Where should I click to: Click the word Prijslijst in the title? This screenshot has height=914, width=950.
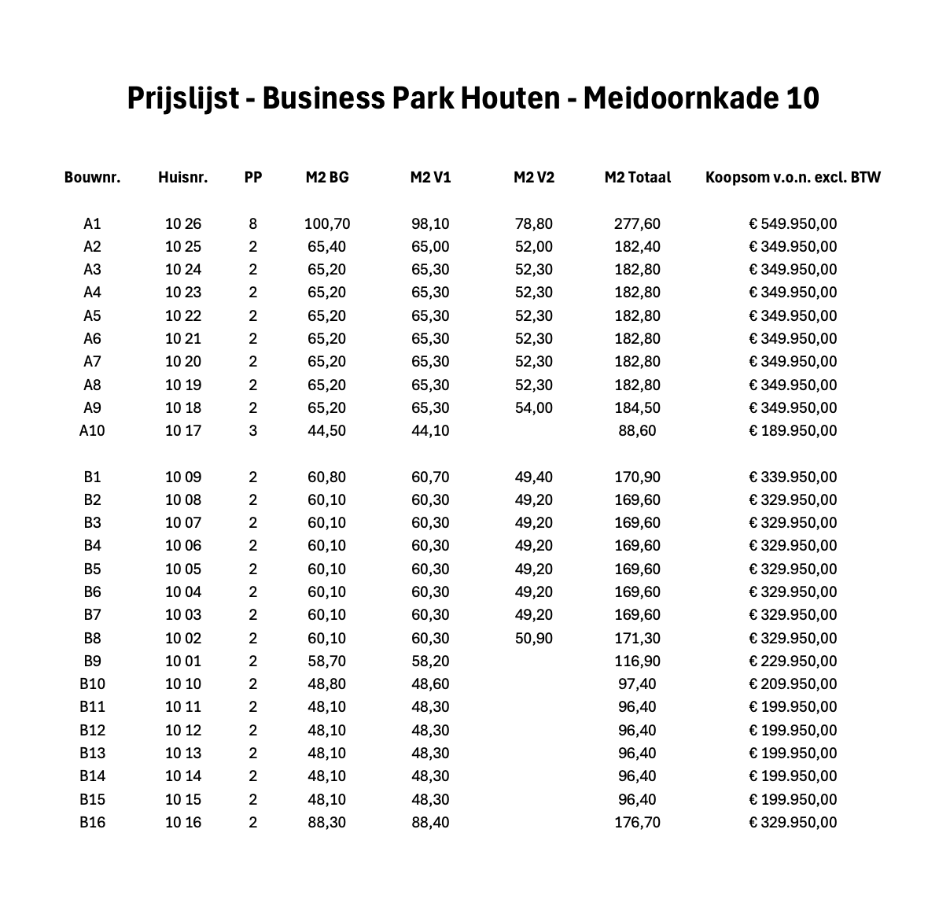tap(182, 99)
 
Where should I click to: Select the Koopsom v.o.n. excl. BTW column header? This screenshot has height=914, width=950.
tap(793, 177)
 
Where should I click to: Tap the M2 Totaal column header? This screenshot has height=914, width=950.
tap(637, 177)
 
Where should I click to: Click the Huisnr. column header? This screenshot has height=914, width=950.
tap(182, 177)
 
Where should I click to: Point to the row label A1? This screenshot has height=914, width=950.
tap(92, 224)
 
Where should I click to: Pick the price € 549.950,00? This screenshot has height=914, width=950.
tap(793, 224)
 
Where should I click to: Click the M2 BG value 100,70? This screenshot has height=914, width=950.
tap(327, 224)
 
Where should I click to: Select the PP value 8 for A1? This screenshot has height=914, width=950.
tap(252, 224)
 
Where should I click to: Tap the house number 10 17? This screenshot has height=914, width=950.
tap(182, 431)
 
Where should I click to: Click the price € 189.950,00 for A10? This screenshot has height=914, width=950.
tap(793, 431)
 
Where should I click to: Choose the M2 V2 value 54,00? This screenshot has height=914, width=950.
tap(534, 408)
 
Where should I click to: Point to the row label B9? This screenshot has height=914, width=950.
tap(92, 662)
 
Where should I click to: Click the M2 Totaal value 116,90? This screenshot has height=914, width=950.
tap(637, 662)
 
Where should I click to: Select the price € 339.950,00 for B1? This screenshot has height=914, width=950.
tap(793, 477)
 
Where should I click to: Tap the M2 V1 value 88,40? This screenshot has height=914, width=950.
tap(430, 823)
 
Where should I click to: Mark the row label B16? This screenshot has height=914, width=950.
tap(92, 823)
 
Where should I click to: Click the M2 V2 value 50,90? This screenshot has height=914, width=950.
tap(534, 639)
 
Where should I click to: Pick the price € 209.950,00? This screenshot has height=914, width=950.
tap(793, 684)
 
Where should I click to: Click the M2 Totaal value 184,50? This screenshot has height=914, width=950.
tap(637, 408)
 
